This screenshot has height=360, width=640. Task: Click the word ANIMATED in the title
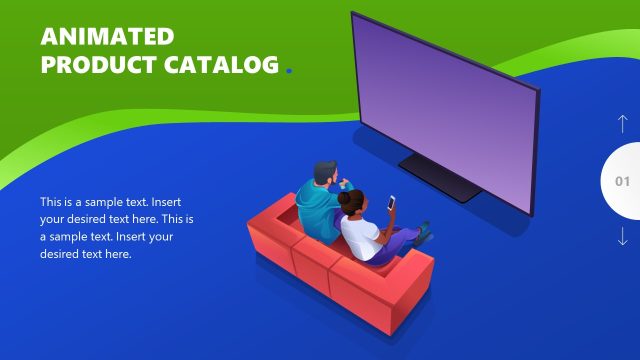tap(107, 38)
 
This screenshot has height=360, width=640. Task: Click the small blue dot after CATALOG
tap(289, 71)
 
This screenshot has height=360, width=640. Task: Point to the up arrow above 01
tap(622, 125)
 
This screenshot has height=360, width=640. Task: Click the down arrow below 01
tap(622, 237)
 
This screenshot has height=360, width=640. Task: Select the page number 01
tap(622, 182)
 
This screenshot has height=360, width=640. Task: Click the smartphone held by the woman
tap(391, 203)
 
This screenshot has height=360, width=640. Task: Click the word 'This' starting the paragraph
tap(51, 201)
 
